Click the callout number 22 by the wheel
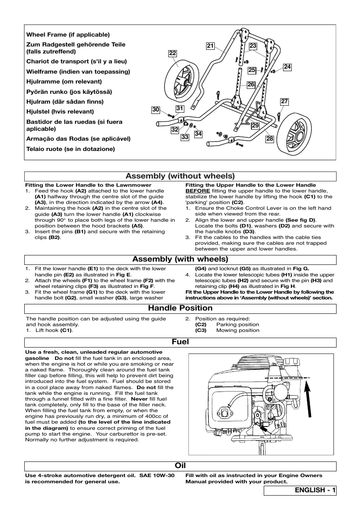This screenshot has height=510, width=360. click(x=173, y=53)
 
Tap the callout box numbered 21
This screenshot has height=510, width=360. click(x=211, y=46)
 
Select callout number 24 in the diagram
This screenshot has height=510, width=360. click(x=287, y=67)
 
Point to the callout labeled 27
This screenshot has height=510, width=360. click(x=284, y=101)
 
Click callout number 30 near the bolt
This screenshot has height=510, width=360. click(x=155, y=110)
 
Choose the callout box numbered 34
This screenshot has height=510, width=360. click(x=198, y=134)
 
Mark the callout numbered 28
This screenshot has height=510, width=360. click(x=270, y=139)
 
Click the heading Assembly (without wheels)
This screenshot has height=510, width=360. click(x=180, y=176)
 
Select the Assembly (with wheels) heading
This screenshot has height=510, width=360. click(x=180, y=259)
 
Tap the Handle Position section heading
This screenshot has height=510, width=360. click(x=180, y=308)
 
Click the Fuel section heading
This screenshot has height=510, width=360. click(x=180, y=342)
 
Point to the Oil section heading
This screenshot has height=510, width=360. click(x=180, y=466)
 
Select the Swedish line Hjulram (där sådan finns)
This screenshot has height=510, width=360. click(x=65, y=102)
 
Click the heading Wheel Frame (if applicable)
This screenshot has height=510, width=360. click(x=68, y=35)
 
